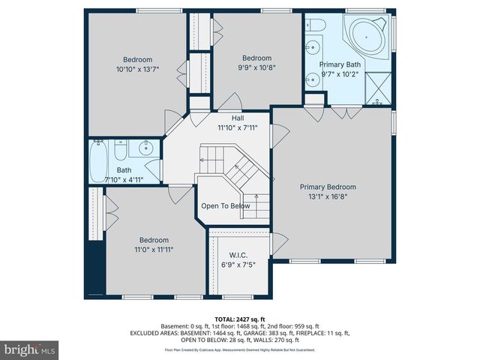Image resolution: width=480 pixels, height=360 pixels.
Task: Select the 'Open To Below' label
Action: pyautogui.click(x=225, y=206)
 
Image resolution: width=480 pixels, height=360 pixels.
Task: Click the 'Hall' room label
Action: pyautogui.click(x=238, y=118)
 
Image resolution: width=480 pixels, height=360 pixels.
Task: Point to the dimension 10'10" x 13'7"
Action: pyautogui.click(x=138, y=70)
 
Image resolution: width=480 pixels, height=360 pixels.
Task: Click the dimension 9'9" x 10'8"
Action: pyautogui.click(x=256, y=67)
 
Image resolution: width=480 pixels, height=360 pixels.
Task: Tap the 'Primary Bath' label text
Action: pyautogui.click(x=340, y=64)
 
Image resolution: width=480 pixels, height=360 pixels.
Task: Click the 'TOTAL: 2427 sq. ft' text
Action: pyautogui.click(x=240, y=319)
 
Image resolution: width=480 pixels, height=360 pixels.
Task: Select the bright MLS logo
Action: pyautogui.click(x=30, y=349)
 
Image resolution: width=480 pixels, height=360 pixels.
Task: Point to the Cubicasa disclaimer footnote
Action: pyautogui.click(x=240, y=349)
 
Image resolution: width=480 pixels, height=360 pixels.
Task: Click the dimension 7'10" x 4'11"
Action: pyautogui.click(x=123, y=180)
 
